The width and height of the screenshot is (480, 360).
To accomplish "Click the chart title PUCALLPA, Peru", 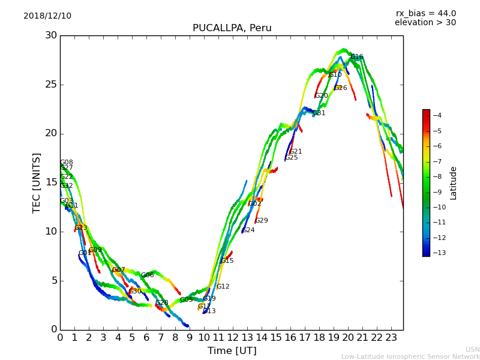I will click(232, 28).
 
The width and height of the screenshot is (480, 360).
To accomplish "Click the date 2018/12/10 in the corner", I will click(47, 16).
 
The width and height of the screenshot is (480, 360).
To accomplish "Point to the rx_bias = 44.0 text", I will click(425, 14).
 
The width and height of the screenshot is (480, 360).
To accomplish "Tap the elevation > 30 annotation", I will click(425, 23).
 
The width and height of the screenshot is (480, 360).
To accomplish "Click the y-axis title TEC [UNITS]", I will click(37, 182).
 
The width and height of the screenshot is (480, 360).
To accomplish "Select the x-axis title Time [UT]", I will click(232, 350).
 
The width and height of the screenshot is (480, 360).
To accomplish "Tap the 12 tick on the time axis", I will click(233, 337).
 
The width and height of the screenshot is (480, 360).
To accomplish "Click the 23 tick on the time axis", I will click(391, 337).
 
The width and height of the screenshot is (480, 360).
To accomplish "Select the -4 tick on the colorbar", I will click(437, 115).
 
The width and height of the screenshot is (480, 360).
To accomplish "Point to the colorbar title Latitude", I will click(454, 183).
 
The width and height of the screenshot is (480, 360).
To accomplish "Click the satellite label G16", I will click(357, 57).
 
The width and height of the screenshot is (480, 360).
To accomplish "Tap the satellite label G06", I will click(148, 275).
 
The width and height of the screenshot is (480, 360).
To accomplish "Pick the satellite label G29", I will click(262, 221).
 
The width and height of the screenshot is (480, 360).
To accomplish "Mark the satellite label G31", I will click(319, 113).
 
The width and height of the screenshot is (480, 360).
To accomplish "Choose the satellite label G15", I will click(227, 261).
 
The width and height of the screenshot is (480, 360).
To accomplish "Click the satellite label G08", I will click(67, 163).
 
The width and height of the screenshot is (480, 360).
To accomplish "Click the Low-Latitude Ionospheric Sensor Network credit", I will click(410, 356).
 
